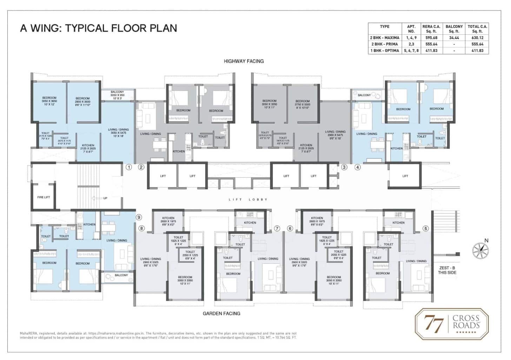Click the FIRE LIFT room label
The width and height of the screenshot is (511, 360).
(44, 197)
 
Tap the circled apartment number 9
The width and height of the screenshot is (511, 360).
(139, 217)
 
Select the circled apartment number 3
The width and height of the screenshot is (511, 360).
(344, 167)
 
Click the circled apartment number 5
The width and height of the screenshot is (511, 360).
(426, 228)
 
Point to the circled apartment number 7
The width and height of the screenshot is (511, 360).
(277, 228)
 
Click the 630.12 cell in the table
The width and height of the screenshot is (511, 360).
(477, 38)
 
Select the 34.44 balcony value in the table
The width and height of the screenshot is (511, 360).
(454, 38)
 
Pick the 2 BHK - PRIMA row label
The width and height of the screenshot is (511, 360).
(384, 44)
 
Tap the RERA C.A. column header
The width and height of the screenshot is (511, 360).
(431, 29)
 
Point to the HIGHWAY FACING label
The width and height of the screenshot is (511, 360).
(244, 61)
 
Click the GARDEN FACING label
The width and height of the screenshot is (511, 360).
(221, 313)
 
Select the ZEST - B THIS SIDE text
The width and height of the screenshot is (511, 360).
(447, 270)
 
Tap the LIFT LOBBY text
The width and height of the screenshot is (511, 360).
(248, 199)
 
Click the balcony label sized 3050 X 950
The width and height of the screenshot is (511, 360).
(117, 95)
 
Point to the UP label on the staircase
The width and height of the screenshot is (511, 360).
(105, 198)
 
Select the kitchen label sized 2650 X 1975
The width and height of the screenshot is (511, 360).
(168, 221)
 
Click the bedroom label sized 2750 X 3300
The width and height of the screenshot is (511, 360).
(302, 104)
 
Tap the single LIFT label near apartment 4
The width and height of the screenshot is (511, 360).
(405, 176)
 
